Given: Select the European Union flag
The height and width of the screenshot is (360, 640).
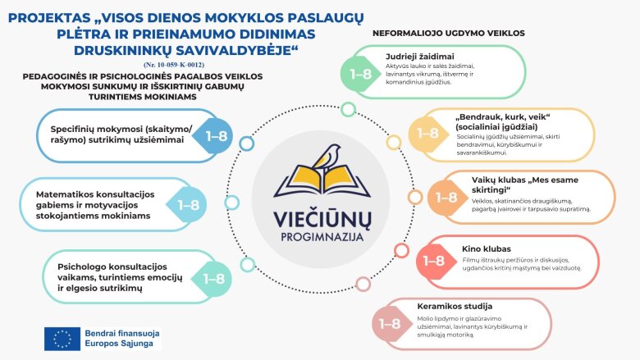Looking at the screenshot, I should (62, 339).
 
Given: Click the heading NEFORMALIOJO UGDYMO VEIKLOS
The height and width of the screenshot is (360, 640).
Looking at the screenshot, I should (448, 34).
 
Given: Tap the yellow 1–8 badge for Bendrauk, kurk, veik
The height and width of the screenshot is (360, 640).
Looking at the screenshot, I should (427, 133).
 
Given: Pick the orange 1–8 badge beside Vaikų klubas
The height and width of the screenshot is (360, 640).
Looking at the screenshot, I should (446, 197).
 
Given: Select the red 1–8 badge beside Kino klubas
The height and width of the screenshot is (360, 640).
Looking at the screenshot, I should (432, 261).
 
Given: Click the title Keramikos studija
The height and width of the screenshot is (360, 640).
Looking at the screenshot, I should (450, 307).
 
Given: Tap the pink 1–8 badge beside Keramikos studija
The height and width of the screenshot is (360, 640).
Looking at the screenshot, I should (390, 322).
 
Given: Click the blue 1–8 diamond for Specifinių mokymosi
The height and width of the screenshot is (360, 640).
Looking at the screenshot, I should (216, 136).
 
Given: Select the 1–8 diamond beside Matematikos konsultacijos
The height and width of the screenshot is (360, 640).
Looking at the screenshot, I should (189, 205).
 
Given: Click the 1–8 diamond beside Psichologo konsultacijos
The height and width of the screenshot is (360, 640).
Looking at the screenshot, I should (214, 278).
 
